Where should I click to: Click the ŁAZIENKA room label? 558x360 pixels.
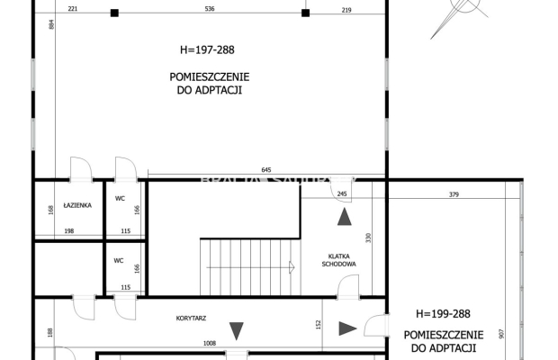pos(77,205)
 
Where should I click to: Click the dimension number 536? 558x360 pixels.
pos(210,9)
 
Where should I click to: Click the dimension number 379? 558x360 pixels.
pos(454,195)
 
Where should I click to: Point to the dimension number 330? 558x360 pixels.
pos(367,238)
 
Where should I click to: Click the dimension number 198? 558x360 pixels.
pos(68,231)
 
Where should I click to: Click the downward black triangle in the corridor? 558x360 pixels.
pos(236,330)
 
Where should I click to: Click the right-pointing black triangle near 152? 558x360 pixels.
pos(346,328)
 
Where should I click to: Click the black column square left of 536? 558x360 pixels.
pos(114,13)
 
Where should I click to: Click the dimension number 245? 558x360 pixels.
pos(341,194)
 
